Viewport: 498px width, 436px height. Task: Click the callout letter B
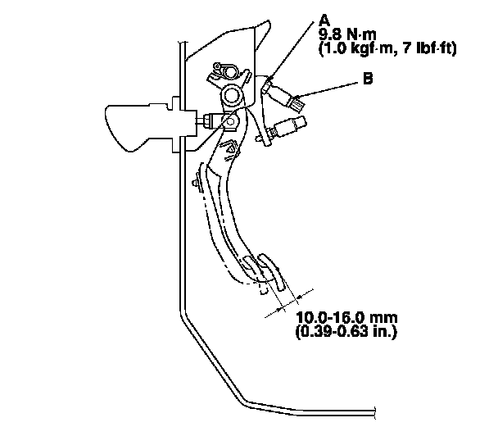click(368, 80)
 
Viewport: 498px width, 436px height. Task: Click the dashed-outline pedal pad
click(255, 279)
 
